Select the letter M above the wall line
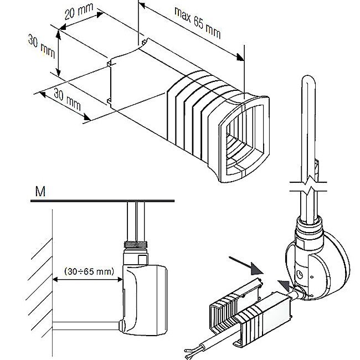[x=40, y=192]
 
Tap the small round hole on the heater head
[x=300, y=272]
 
